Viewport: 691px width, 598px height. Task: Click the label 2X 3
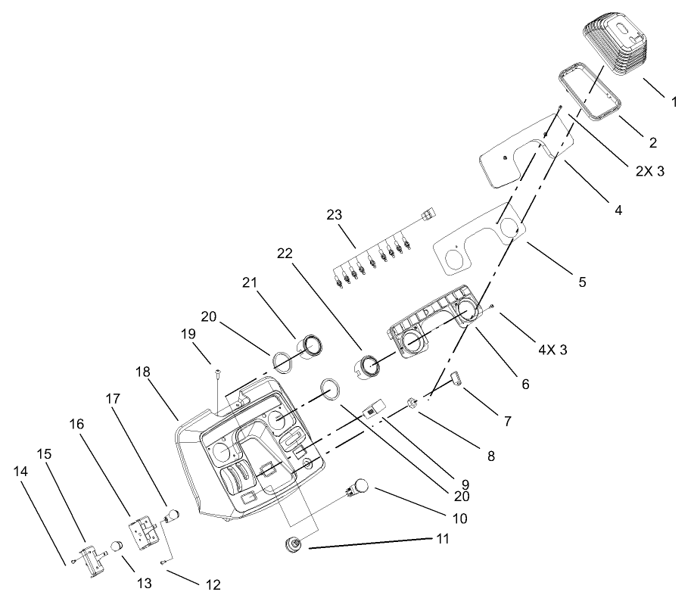650,172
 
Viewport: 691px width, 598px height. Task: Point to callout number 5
582,282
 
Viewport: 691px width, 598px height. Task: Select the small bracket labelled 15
93,559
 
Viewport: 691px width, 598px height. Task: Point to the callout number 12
212,584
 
